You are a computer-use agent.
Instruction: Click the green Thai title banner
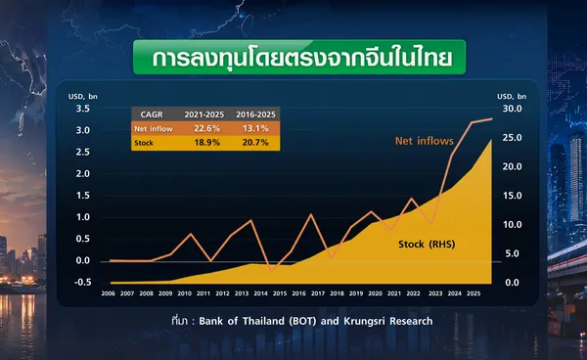[299, 57]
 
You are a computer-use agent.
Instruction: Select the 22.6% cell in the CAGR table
[206, 128]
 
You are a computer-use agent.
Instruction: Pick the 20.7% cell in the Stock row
[255, 143]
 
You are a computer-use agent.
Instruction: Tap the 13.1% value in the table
[255, 128]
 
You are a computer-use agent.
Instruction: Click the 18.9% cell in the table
[206, 143]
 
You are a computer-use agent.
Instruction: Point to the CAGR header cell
[152, 114]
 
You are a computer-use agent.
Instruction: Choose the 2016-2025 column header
[255, 114]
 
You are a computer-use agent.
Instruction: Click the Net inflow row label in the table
[154, 129]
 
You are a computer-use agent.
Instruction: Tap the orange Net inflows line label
[425, 141]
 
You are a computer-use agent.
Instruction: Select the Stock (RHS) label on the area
[427, 244]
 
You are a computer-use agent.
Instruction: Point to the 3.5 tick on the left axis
[83, 109]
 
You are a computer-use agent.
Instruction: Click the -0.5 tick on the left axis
[83, 282]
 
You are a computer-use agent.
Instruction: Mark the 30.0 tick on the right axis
[512, 109]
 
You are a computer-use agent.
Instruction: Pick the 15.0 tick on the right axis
[512, 196]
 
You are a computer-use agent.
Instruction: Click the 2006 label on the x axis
[109, 293]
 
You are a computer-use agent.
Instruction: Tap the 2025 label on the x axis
[474, 293]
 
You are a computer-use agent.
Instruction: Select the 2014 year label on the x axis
[260, 293]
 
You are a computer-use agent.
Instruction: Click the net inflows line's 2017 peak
[310, 214]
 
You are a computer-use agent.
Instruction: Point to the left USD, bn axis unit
[83, 97]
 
